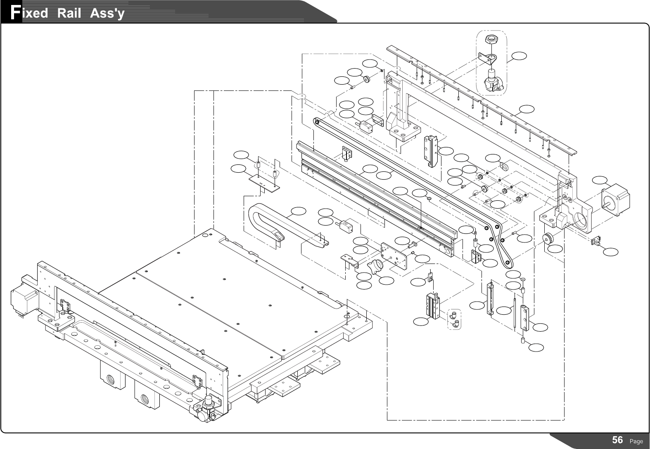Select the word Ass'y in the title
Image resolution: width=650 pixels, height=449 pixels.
click(x=107, y=13)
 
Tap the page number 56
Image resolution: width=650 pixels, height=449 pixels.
click(x=618, y=440)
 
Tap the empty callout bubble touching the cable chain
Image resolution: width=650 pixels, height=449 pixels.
click(x=299, y=211)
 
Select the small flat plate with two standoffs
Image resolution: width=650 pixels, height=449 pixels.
click(x=264, y=182)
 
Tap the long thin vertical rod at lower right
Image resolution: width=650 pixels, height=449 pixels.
click(x=515, y=312)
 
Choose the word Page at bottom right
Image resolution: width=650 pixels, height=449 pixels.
click(x=636, y=442)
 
